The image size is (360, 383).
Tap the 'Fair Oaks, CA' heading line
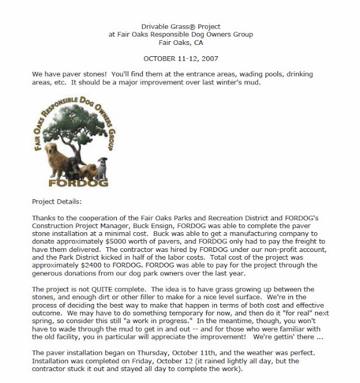pyautogui.click(x=181, y=42)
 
